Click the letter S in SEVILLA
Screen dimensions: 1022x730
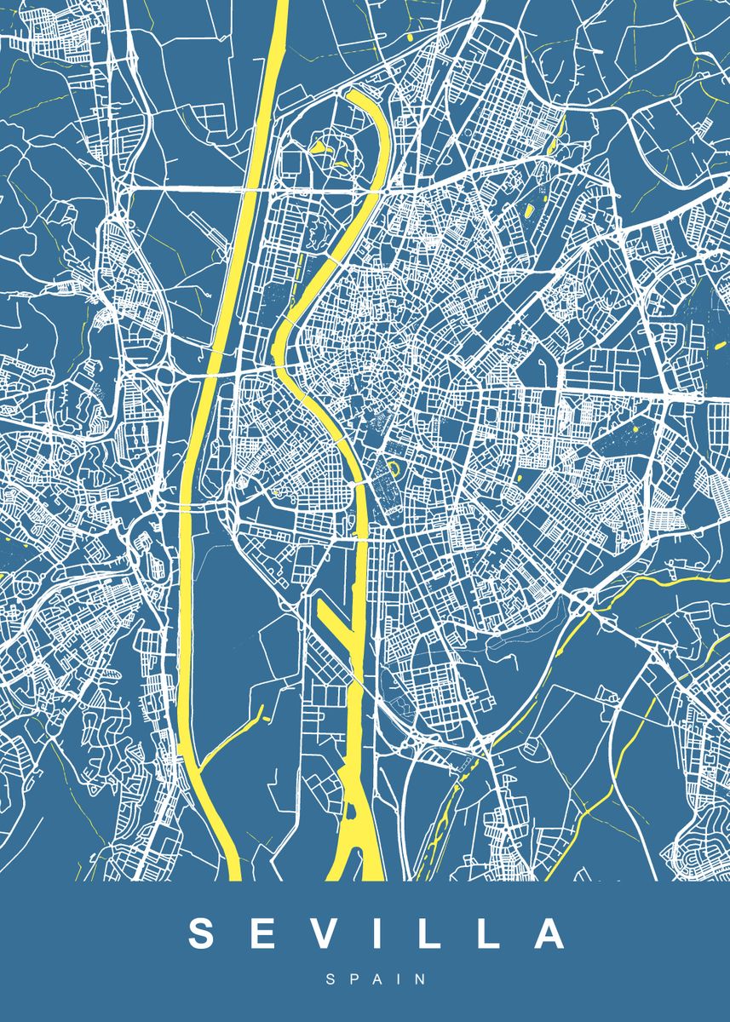[x=204, y=933]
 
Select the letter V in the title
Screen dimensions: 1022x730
[x=329, y=933]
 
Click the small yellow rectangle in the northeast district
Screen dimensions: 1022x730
[x=529, y=209]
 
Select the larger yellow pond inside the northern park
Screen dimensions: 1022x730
[x=321, y=147]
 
